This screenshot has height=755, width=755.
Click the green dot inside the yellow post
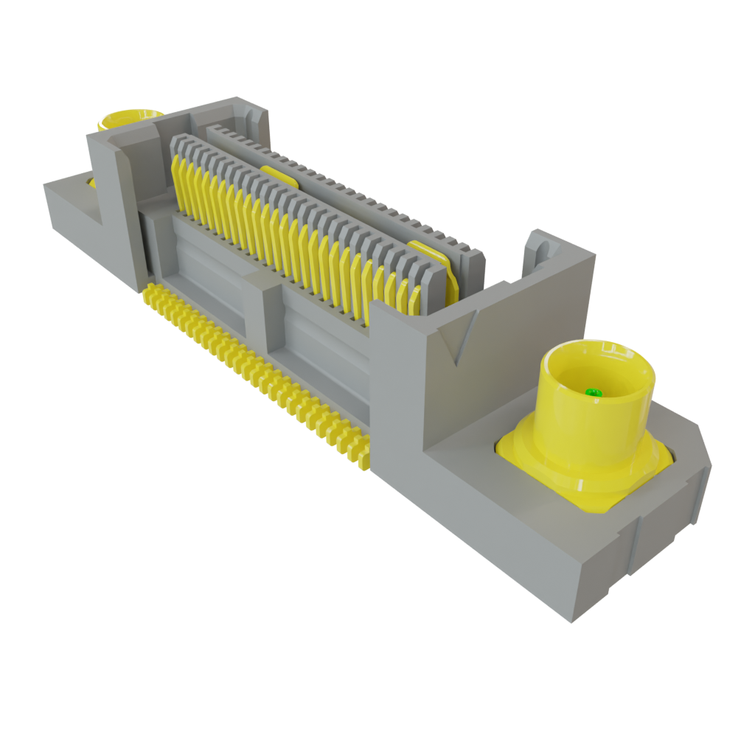591,392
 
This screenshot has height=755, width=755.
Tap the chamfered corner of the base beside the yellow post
697,442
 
